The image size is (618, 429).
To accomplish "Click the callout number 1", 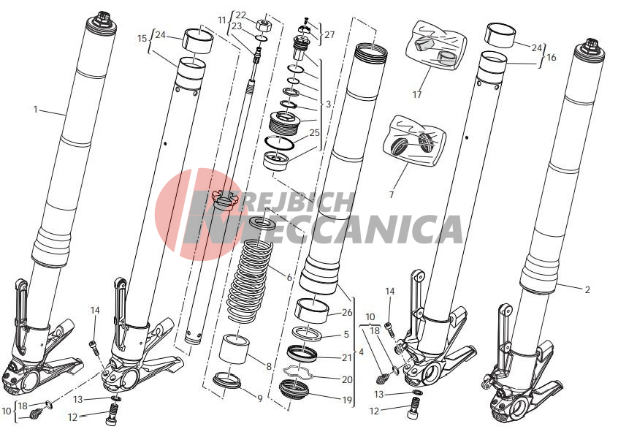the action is pyautogui.click(x=36, y=109).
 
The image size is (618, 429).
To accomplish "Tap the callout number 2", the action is pyautogui.click(x=587, y=290).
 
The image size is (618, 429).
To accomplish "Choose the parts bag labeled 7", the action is pyautogui.click(x=415, y=140).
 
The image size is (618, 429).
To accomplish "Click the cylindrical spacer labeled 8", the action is pyautogui.click(x=234, y=349).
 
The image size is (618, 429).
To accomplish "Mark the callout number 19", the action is pyautogui.click(x=346, y=400).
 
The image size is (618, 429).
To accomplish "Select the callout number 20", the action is pyautogui.click(x=347, y=380).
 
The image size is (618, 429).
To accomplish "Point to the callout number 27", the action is pyautogui.click(x=329, y=34).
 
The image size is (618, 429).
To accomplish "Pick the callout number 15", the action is pyautogui.click(x=142, y=39).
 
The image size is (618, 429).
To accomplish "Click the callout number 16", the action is pyautogui.click(x=552, y=57).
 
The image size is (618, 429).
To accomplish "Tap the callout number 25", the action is pyautogui.click(x=315, y=132).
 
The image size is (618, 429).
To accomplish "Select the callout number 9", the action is pyautogui.click(x=260, y=398).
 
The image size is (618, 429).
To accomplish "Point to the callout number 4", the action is pyautogui.click(x=362, y=352).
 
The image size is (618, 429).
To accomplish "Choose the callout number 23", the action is pyautogui.click(x=236, y=26).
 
